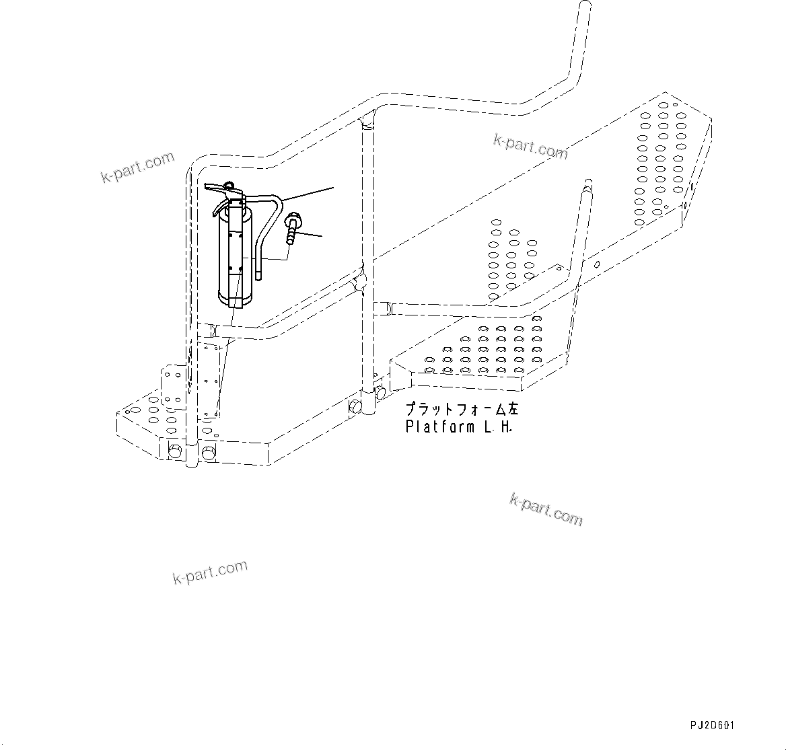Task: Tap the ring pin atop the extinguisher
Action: point(229,184)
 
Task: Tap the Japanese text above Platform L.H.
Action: point(462,409)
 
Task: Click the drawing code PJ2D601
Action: point(712,725)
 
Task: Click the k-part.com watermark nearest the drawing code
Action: point(546,509)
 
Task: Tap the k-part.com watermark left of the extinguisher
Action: point(137,167)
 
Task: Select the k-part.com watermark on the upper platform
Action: point(530,147)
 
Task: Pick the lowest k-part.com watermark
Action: point(210,572)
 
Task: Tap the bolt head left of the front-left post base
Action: point(175,451)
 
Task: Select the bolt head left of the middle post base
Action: point(355,406)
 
